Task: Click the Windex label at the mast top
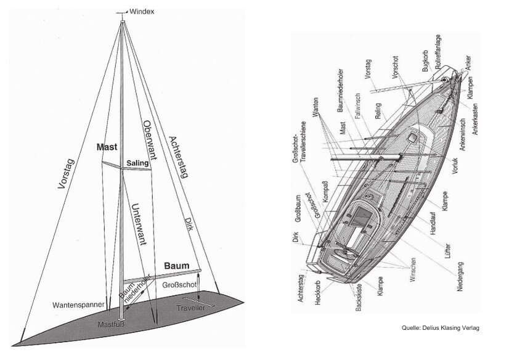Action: (x=143, y=11)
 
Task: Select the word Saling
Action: (x=137, y=162)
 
